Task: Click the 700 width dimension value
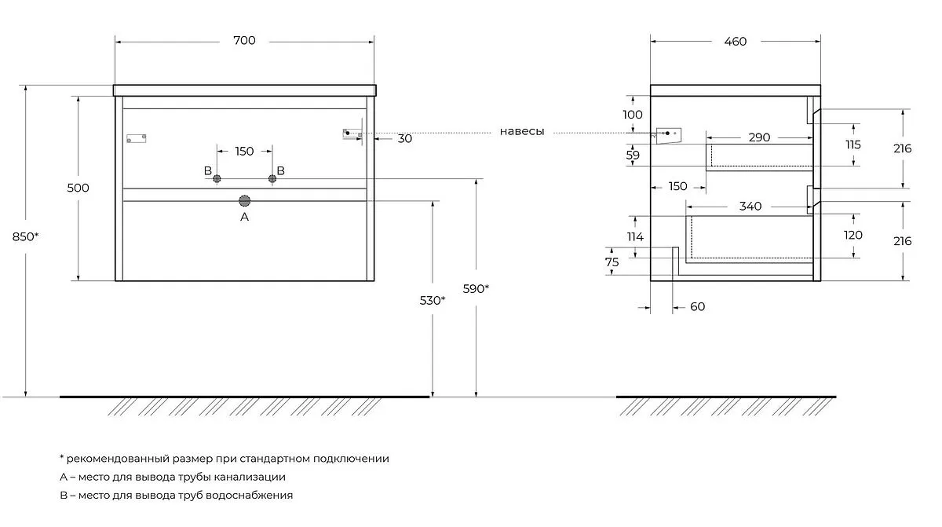(x=244, y=41)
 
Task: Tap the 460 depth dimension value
(x=735, y=41)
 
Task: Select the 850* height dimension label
(x=26, y=236)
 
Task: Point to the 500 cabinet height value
(x=78, y=188)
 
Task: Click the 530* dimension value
(x=432, y=300)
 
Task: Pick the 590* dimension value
(x=476, y=288)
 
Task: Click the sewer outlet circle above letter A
(x=244, y=200)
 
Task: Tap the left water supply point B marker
(x=217, y=179)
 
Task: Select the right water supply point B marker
(x=272, y=179)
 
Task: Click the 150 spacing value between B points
(x=244, y=151)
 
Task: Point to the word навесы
(x=522, y=131)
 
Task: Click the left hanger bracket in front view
(x=137, y=138)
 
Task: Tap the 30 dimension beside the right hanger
(x=405, y=138)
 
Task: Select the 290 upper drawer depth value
(x=758, y=137)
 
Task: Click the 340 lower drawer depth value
(x=750, y=207)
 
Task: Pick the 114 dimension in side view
(x=635, y=236)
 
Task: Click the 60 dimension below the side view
(x=697, y=306)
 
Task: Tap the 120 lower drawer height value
(x=853, y=235)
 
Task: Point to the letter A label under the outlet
(x=244, y=217)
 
